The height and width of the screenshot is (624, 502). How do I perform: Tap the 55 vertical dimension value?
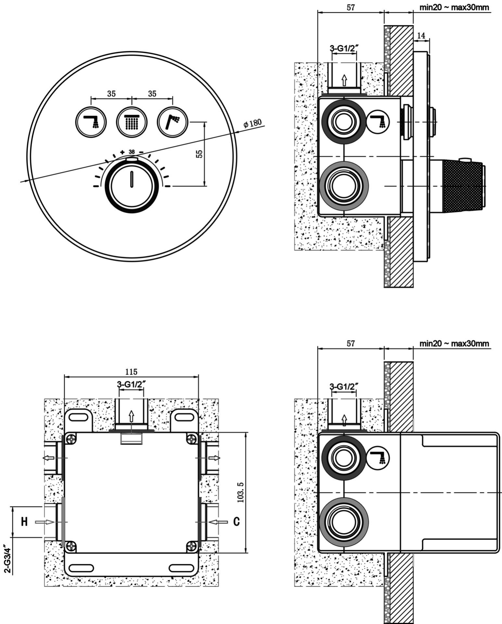point(200,154)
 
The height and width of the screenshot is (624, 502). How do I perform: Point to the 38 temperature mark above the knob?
point(132,152)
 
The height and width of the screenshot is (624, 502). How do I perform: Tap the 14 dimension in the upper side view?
point(421,36)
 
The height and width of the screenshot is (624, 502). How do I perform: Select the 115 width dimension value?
point(131,371)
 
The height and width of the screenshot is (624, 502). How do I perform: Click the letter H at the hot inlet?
point(24,522)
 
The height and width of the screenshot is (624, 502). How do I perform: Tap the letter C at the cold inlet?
point(237,522)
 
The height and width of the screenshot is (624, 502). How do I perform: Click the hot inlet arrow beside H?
point(45,522)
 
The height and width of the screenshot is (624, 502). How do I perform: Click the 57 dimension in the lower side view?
point(350,343)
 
